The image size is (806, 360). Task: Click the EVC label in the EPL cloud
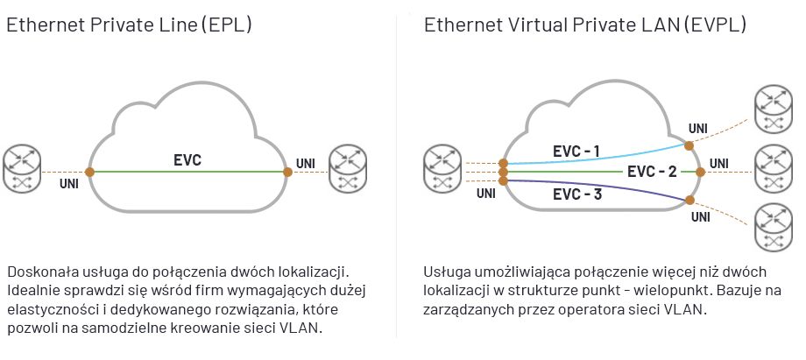pos(187,160)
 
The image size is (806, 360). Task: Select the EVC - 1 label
pos(576,152)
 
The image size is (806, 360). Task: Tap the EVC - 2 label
pos(653,172)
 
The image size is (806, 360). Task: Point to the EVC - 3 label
pos(577,194)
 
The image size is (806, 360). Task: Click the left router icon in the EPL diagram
pos(23,170)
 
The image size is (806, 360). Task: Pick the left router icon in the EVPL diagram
pos(443,169)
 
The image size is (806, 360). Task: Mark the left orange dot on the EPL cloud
pos(89,172)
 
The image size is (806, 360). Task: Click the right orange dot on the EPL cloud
pos(287,172)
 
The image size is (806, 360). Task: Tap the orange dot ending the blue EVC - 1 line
pos(689,145)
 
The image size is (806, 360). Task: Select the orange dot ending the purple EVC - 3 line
pos(689,201)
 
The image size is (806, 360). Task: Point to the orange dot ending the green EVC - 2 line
pos(700,172)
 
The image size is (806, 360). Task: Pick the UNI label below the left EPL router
pos(68,185)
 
